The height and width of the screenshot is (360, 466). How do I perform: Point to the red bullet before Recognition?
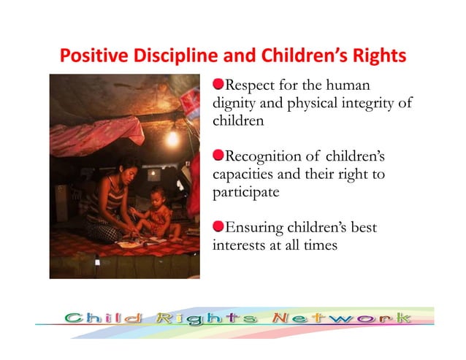(x=218, y=157)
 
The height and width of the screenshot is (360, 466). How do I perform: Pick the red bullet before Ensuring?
(x=218, y=228)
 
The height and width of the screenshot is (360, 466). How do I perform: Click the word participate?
(x=245, y=193)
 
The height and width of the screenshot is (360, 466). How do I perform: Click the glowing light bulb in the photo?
(x=173, y=138)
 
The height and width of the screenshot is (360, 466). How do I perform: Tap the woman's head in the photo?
(x=129, y=169)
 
